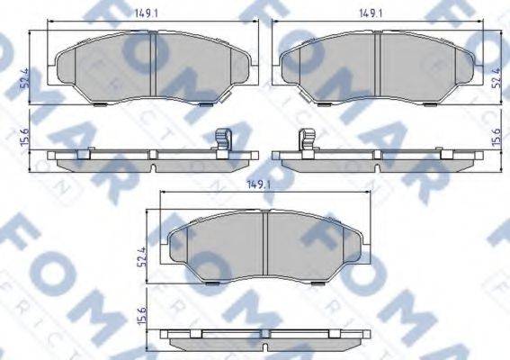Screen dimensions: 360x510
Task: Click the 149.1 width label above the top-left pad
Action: coord(147,13)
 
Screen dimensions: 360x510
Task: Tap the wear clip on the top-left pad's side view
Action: coord(223,142)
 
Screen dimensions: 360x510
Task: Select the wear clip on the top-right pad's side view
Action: coord(305,142)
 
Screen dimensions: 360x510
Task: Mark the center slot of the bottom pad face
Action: coord(267,243)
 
